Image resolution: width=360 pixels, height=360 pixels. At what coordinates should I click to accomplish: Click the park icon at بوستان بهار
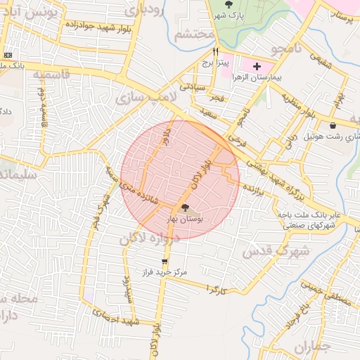pos(185,208)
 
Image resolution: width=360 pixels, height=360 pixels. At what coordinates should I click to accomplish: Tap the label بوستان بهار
pos(184,220)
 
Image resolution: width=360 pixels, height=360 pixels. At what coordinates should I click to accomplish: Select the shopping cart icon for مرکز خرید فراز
pos(165,262)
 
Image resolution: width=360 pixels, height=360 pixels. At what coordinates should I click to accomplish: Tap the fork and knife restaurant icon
pos(216,51)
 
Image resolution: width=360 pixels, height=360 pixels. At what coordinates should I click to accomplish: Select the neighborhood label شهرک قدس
pos(268,250)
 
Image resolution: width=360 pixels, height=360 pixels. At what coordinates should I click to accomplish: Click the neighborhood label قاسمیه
pos(44,73)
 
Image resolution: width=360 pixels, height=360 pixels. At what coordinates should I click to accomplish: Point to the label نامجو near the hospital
pos(289,49)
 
